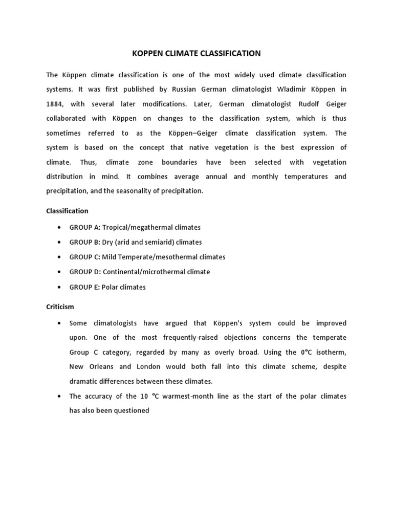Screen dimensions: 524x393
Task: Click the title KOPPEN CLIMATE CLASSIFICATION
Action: [196, 53]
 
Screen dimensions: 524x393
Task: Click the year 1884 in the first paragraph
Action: [55, 104]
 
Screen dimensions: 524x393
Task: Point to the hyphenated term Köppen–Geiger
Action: [195, 133]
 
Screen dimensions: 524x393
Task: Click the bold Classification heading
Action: [67, 211]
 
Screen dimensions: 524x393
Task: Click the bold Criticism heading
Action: [60, 307]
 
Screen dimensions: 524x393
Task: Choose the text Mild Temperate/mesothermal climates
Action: [164, 257]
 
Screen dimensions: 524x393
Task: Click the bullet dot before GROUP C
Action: [60, 257]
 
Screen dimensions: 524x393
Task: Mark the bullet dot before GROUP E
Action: [60, 288]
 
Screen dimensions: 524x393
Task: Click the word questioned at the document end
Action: [132, 410]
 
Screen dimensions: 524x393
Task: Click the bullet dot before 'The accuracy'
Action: [60, 397]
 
